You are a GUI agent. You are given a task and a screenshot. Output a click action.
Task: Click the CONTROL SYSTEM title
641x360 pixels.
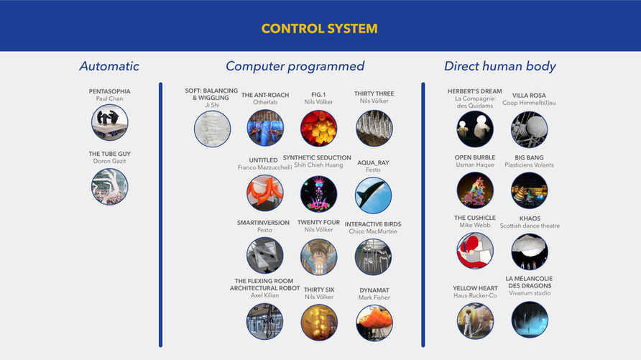pos(320,29)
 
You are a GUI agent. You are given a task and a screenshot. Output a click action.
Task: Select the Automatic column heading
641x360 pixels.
pos(109,67)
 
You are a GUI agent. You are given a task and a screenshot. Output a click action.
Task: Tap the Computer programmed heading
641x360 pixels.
pos(295,67)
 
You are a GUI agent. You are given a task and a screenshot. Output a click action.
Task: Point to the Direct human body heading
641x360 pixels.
pos(499,67)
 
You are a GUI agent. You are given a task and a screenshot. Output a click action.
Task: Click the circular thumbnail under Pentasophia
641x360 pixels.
pos(109,122)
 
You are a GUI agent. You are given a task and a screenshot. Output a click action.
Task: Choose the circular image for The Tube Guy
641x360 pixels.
pos(109,186)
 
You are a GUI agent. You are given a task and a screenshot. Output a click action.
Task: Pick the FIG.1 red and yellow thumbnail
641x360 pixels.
pos(318,129)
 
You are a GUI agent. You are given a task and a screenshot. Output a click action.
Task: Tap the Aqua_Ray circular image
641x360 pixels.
pos(374,195)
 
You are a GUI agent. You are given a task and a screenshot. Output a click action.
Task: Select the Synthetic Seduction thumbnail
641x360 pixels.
pos(318,194)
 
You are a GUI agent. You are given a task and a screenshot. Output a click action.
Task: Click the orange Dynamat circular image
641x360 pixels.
pos(374,323)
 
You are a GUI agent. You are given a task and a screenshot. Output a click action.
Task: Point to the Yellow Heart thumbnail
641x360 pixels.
pos(475,320)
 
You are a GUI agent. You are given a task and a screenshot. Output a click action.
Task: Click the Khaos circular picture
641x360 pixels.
pos(530,251)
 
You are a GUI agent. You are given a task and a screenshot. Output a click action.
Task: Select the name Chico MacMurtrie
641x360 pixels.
pos(373,231)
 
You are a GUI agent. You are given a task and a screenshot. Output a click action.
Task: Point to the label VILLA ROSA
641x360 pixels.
pos(529,96)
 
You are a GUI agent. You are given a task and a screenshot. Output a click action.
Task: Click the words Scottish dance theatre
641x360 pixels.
pos(530,226)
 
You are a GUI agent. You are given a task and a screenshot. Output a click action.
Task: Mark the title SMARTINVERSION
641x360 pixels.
pos(264,223)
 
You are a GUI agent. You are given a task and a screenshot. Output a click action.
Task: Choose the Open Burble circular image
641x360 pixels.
pos(475,190)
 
